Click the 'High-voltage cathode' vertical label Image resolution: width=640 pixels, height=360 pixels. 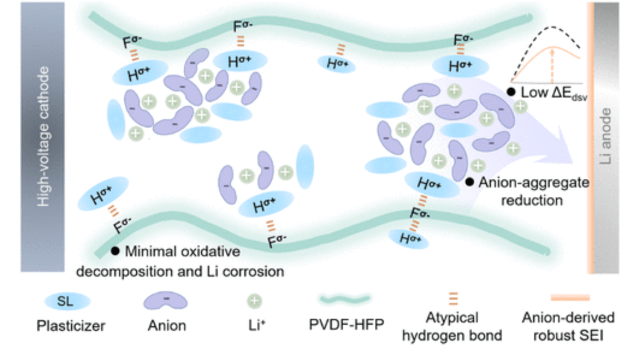click(43, 136)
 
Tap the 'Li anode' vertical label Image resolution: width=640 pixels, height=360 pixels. click(605, 136)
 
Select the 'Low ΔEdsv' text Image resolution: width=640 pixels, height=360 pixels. click(554, 93)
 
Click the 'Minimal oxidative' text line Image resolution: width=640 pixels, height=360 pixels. click(182, 251)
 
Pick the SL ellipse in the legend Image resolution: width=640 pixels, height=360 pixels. click(67, 302)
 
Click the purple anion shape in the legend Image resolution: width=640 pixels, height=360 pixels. click(165, 301)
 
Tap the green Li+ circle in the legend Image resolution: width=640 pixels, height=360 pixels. click(255, 301)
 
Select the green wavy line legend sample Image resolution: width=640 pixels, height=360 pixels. click(345, 299)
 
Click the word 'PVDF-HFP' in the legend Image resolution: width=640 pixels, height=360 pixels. click(346, 325)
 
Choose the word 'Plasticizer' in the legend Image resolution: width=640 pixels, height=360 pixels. click(71, 326)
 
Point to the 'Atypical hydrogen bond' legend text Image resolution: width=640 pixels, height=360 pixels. click(452, 326)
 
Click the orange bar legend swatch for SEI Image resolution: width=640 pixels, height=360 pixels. click(570, 297)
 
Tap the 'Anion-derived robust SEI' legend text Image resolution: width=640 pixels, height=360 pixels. click(568, 326)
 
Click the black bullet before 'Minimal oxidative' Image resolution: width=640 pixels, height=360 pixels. click(115, 251)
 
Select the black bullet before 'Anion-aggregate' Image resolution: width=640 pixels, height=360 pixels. click(469, 182)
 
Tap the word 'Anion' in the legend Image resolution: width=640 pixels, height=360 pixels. click(167, 326)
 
